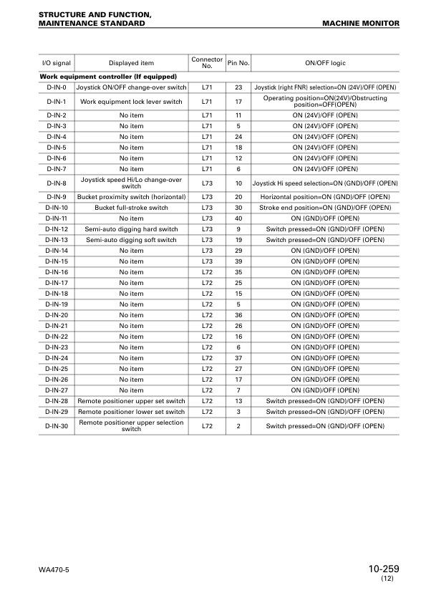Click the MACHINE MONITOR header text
coord(361,24)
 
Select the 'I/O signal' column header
coord(57,63)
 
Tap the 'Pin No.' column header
coord(238,63)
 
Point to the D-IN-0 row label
coord(57,87)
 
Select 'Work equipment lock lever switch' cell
coord(131,101)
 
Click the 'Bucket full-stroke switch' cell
coord(131,208)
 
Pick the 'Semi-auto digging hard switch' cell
coord(131,229)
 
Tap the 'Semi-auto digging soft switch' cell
coord(131,240)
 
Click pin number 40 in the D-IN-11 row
coord(238,218)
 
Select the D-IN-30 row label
coord(57,426)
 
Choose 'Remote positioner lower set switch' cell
coord(131,412)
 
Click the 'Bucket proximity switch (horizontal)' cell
coord(131,197)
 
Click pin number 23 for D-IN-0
coord(238,87)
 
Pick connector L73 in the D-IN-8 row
coord(208,183)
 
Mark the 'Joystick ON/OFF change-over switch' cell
coord(131,87)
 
